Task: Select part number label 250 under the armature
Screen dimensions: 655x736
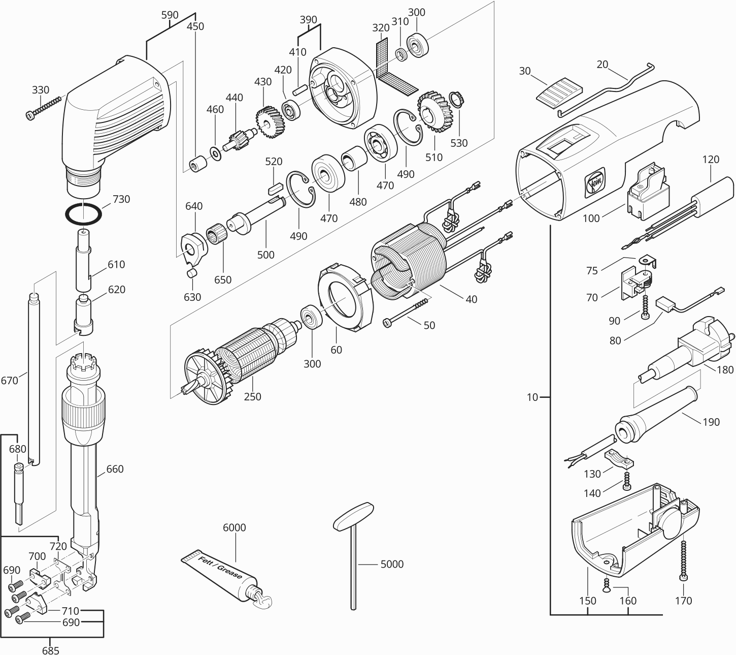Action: tap(252, 396)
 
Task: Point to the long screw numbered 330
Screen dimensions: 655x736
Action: tap(43, 107)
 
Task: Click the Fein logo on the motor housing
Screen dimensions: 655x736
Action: tap(593, 184)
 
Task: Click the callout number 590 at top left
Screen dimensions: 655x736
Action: tap(170, 15)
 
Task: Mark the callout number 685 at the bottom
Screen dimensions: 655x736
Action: tap(51, 650)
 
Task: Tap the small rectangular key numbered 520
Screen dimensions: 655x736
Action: tap(275, 187)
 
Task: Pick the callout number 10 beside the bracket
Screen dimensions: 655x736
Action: tap(532, 397)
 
